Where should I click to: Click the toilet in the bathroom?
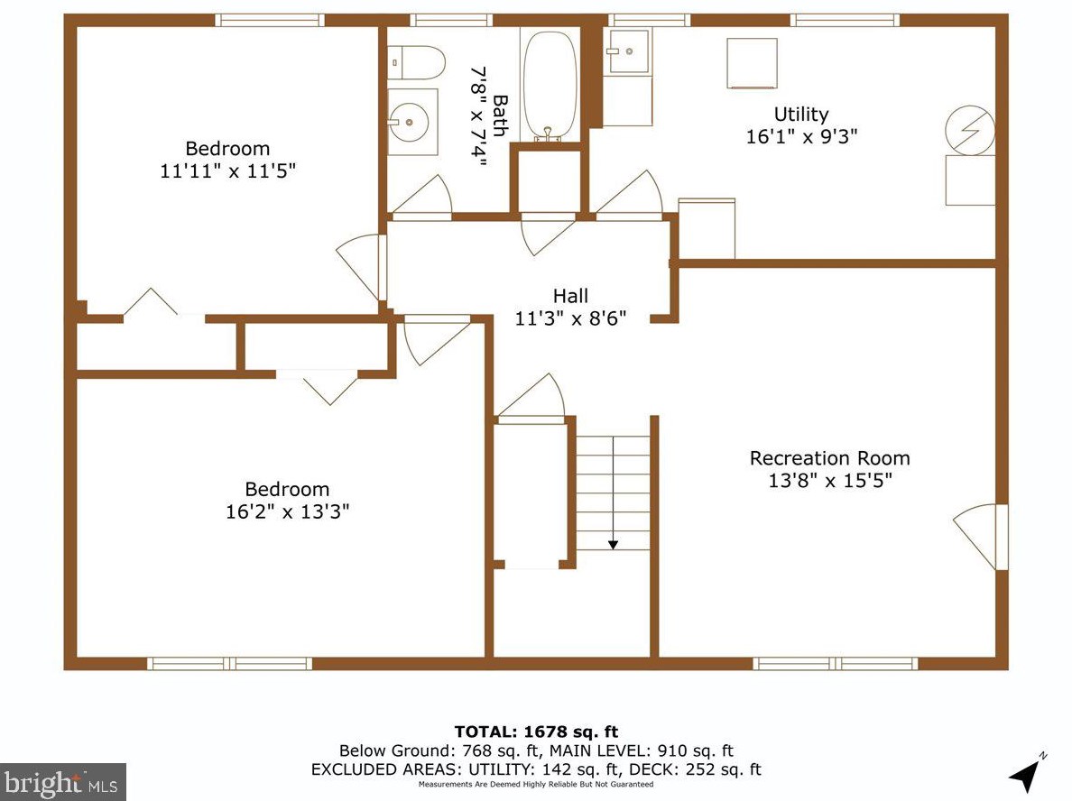click(x=416, y=62)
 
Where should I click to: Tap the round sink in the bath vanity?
click(x=409, y=123)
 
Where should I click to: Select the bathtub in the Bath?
click(x=550, y=86)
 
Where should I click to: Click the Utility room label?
click(x=801, y=115)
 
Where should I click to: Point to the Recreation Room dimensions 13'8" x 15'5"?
click(x=830, y=481)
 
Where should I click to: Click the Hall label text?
click(x=570, y=296)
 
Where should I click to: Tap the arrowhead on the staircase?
click(x=614, y=544)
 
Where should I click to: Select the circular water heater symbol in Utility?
click(x=970, y=130)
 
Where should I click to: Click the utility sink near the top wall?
click(x=629, y=51)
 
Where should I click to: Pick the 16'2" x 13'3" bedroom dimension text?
click(x=287, y=511)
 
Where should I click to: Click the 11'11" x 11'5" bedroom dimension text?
click(x=227, y=170)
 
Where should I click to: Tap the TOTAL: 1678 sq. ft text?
click(x=536, y=732)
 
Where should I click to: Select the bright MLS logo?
click(x=63, y=782)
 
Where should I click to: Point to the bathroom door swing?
click(x=421, y=198)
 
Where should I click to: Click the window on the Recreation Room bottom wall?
click(x=835, y=664)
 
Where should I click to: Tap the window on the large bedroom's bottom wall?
click(x=230, y=664)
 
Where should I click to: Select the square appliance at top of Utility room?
click(x=752, y=63)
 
